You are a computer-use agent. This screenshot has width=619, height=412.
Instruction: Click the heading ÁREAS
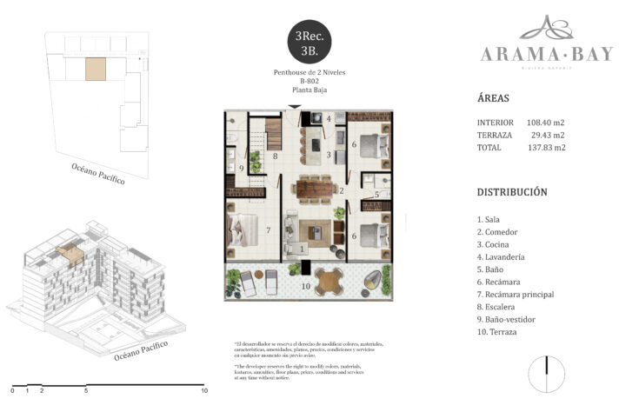tap(494, 98)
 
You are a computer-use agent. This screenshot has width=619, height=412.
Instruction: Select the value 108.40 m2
tap(546, 123)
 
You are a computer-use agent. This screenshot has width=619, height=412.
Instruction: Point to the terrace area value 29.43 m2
tap(548, 135)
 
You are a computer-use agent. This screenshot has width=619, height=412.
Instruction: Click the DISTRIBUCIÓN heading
tap(511, 191)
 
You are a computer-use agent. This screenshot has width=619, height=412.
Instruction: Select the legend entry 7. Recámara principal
tap(516, 295)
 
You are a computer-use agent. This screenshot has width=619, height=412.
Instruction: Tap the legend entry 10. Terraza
tap(499, 332)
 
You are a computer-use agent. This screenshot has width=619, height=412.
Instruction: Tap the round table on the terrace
tap(329, 280)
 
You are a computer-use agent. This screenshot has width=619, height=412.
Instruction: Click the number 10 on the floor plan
tap(304, 285)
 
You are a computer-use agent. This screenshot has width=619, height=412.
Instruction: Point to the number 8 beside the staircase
tap(275, 156)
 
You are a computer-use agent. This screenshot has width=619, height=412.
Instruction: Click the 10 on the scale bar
tap(204, 391)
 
